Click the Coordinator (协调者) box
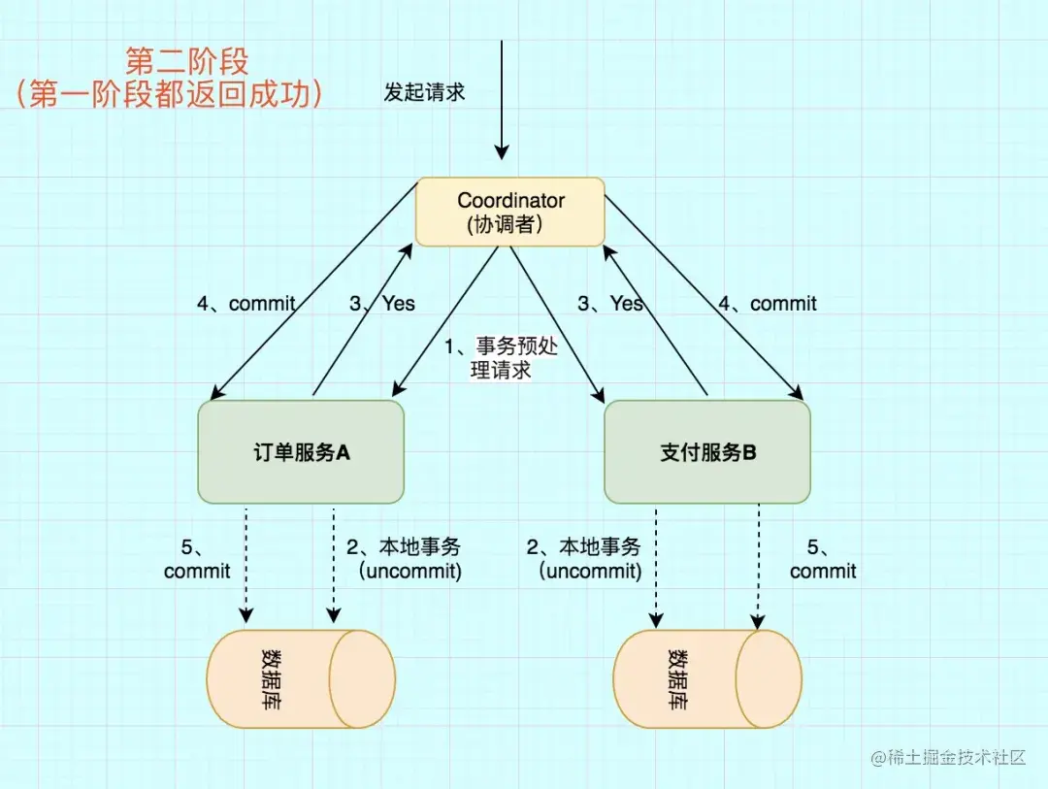[x=510, y=212]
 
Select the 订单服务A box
[x=301, y=452]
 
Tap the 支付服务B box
[x=707, y=452]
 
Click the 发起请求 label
[x=424, y=92]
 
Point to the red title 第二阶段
[x=187, y=61]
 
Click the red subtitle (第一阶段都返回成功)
[x=169, y=94]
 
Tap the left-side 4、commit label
[x=246, y=304]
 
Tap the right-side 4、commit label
[x=768, y=304]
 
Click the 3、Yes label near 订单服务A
[x=381, y=304]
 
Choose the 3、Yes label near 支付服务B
[x=610, y=304]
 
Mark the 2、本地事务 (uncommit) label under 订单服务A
[x=404, y=559]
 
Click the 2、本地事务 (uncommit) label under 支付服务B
[x=584, y=559]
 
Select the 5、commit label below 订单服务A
[x=197, y=559]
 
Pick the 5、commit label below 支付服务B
[x=823, y=559]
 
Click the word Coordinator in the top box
[x=510, y=200]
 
